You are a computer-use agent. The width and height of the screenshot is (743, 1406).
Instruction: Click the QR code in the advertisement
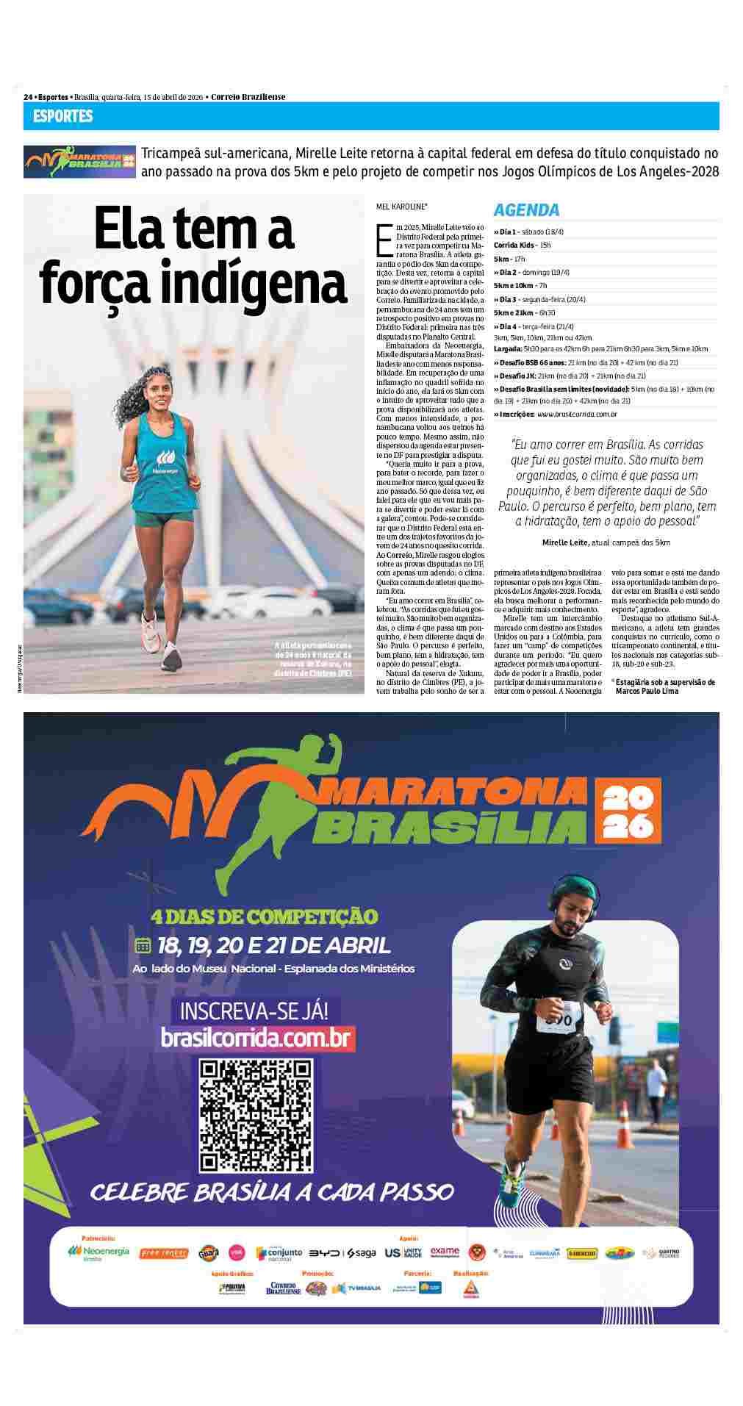[256, 1115]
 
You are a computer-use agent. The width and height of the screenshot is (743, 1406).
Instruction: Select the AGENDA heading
[526, 209]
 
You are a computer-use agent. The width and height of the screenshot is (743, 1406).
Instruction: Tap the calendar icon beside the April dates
[143, 945]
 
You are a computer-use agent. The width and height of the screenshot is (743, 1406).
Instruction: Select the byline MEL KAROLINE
[401, 208]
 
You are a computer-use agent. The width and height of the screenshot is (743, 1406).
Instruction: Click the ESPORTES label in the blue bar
[63, 116]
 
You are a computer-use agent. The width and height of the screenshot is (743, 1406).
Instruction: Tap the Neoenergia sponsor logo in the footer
[98, 1252]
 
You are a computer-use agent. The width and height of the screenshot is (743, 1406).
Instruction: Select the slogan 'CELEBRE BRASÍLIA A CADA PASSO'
[271, 1191]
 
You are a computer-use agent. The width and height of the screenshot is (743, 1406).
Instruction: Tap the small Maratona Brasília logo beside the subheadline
[79, 161]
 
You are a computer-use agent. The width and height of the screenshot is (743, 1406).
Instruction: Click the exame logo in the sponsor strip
[445, 1252]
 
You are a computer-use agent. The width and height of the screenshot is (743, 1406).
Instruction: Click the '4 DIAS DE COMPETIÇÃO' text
[264, 917]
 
